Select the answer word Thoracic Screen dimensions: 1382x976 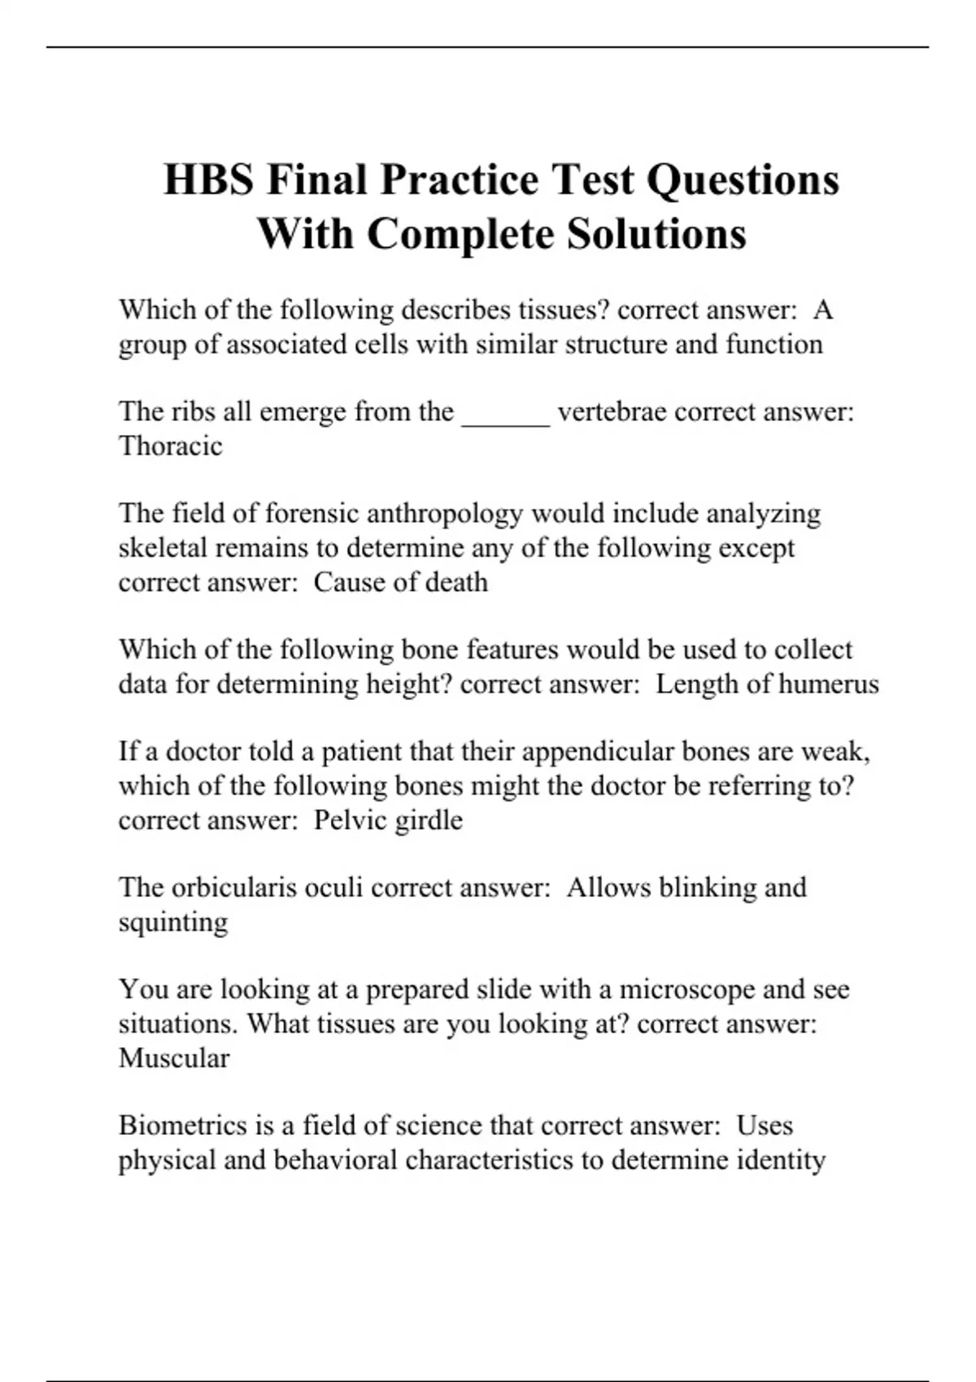(170, 445)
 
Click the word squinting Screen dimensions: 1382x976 (173, 923)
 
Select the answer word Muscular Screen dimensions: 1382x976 (174, 1058)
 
